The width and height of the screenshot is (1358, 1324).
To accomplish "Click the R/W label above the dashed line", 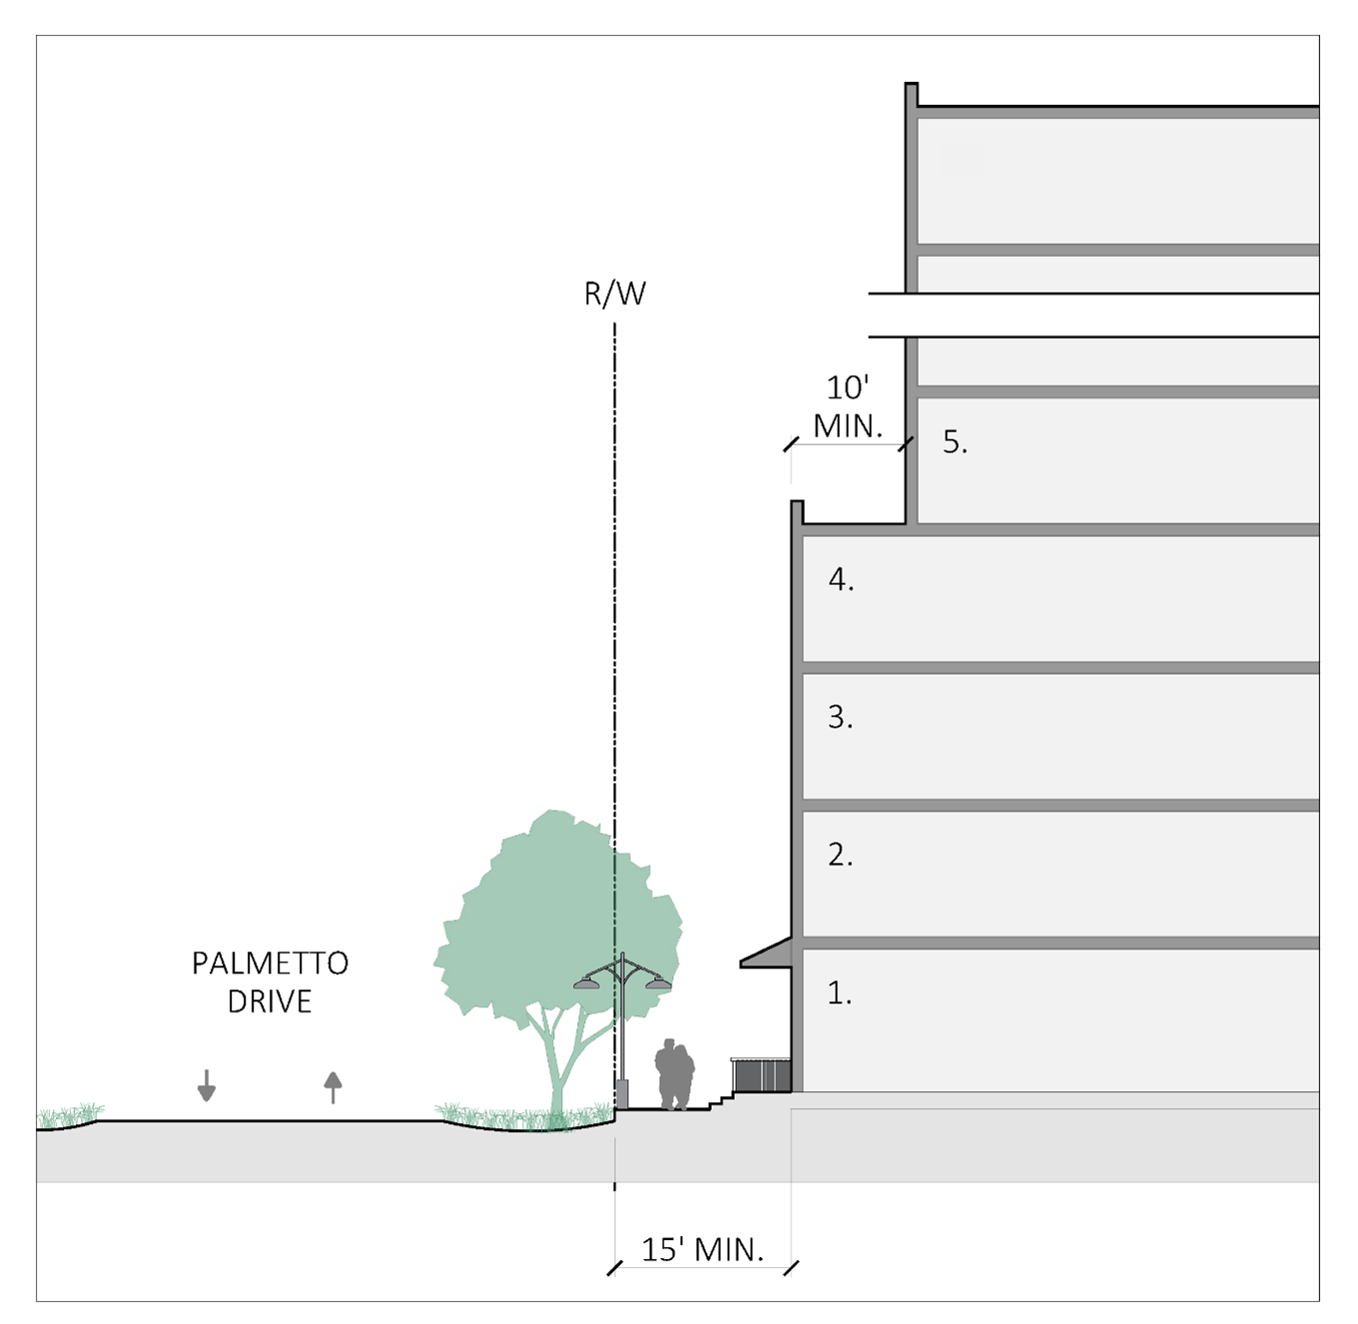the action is tap(615, 294).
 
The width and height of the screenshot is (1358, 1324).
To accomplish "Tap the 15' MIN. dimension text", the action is tap(702, 1249).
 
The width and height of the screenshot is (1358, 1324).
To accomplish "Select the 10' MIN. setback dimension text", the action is tap(848, 406).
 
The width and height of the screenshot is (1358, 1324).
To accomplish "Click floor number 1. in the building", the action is tap(840, 993).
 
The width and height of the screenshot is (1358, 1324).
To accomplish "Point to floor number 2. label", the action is tap(840, 855).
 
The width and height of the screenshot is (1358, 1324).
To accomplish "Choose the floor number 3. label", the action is tap(840, 717).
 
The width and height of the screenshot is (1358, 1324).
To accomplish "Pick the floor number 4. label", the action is tap(841, 579).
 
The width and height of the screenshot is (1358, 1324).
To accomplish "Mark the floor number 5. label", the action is tap(955, 441).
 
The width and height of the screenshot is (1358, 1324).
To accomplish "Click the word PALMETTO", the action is tap(270, 964).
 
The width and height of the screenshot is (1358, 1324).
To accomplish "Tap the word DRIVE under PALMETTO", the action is tap(270, 1001).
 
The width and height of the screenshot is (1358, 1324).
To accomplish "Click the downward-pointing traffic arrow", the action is tap(207, 1085).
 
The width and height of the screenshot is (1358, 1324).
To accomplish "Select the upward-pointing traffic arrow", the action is tap(333, 1086).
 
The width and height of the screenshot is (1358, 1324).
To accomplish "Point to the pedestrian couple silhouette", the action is tap(675, 1074).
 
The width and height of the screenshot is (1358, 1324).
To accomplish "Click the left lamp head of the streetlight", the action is tap(587, 984).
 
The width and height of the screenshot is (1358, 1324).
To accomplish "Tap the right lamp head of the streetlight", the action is tap(658, 984).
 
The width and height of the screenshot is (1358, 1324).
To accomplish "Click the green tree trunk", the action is tap(556, 1068).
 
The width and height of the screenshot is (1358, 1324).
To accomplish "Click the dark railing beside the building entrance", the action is tap(761, 1075).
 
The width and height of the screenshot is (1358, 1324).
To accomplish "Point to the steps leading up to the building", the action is tap(721, 1101).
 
